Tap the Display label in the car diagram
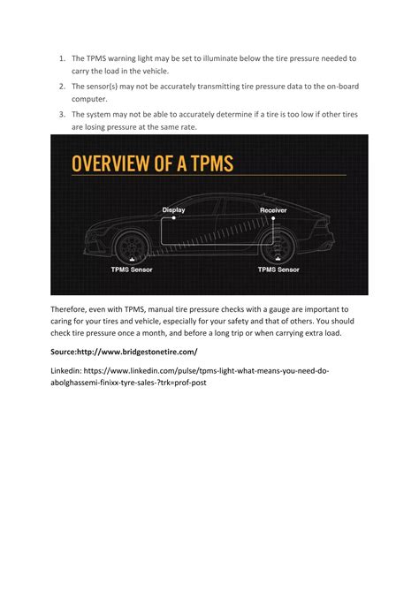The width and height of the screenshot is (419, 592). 174,209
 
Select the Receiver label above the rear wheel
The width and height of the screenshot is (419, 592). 273,210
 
